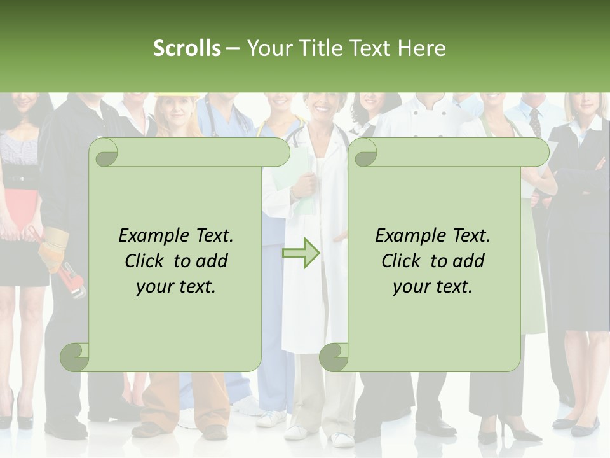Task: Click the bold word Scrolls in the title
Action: (187, 48)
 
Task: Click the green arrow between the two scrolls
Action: (301, 253)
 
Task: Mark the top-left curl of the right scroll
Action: (364, 153)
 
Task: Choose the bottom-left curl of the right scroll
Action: (334, 357)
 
